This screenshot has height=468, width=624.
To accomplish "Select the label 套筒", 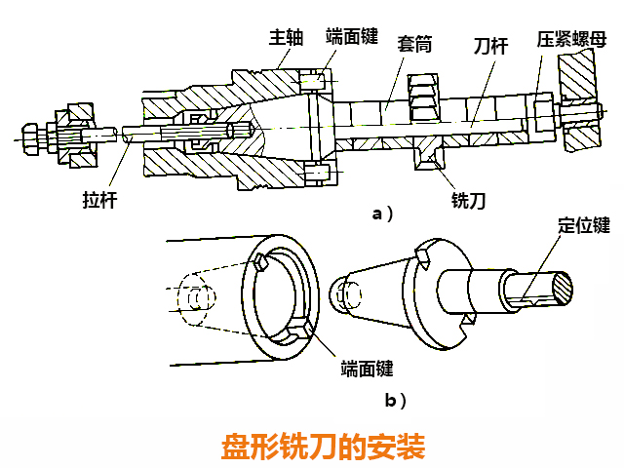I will point(414,45).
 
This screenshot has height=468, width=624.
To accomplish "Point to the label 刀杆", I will point(489,45).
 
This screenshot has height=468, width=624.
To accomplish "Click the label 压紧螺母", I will point(571,39).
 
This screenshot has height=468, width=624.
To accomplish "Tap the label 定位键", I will point(584,225).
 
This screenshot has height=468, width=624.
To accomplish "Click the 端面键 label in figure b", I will point(367,369).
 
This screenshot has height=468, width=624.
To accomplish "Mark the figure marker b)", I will point(395,400).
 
